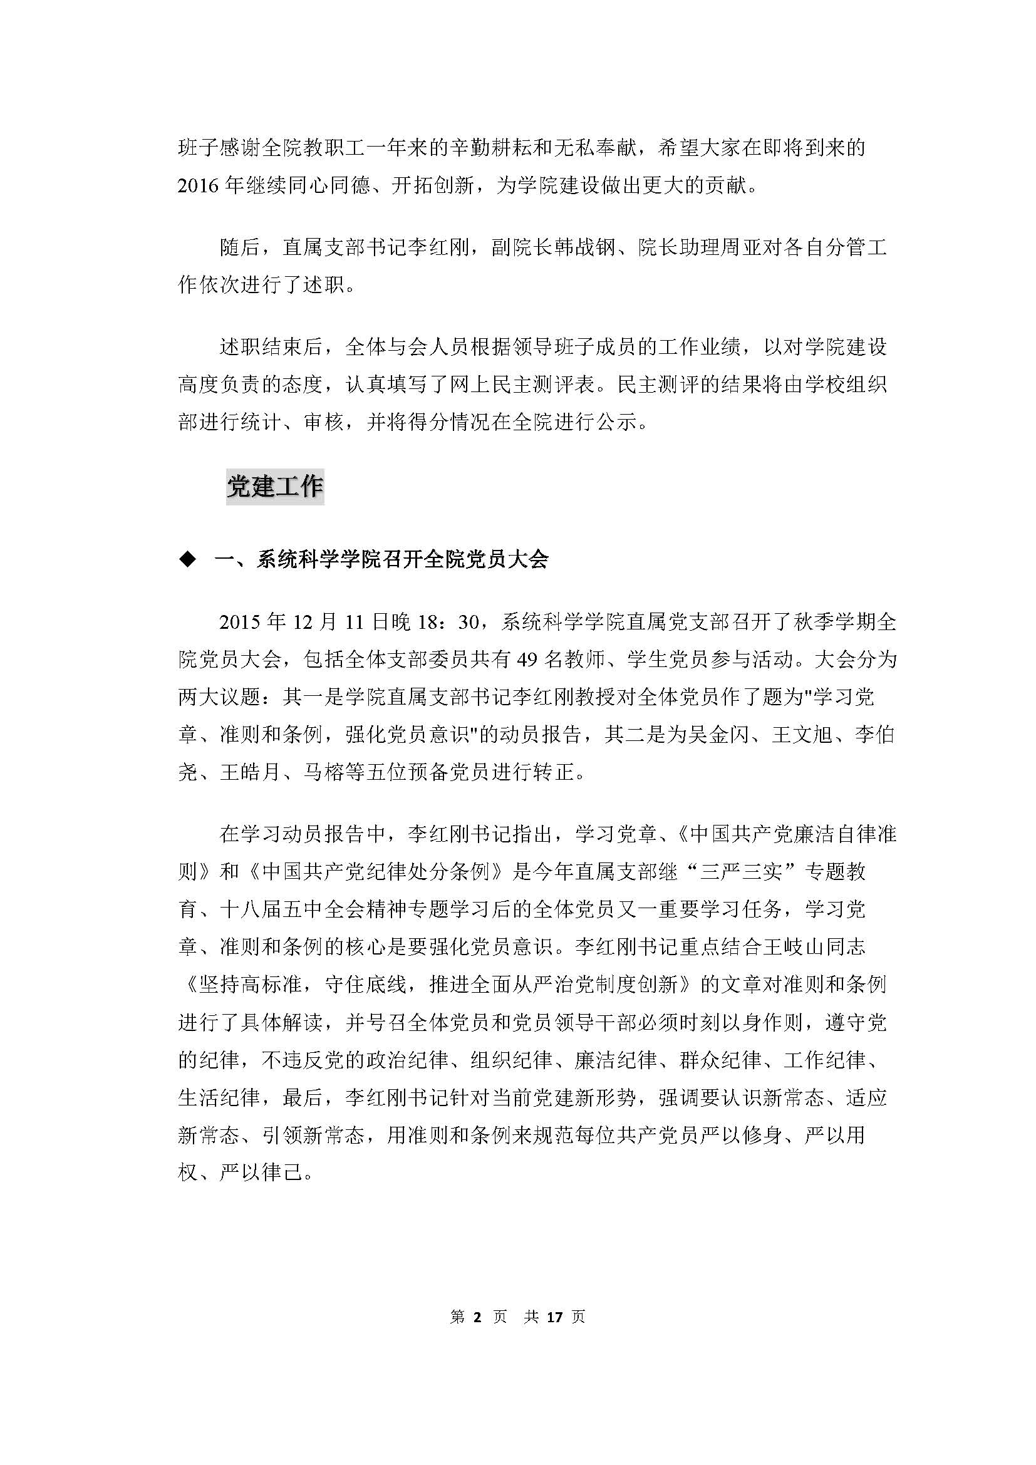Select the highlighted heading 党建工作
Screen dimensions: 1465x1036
point(275,487)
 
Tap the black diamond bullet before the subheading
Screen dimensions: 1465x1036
point(187,560)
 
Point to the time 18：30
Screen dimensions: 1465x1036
point(447,622)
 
